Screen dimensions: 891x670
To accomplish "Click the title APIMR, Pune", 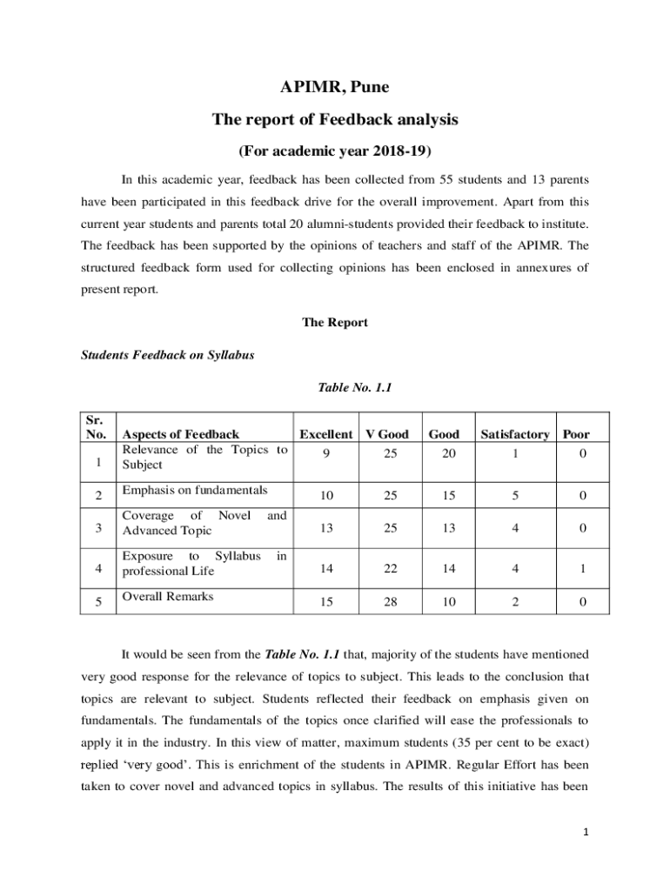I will point(335,87).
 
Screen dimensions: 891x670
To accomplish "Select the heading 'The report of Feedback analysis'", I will point(335,119).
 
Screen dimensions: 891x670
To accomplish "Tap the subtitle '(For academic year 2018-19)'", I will point(335,151).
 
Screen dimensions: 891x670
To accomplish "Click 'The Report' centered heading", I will point(335,323).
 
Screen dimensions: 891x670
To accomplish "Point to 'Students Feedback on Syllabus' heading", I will point(167,356).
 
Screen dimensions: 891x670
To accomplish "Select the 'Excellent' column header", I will point(325,434).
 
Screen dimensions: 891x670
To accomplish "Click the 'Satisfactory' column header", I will point(514,434).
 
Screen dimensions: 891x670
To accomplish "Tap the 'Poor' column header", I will point(576,434).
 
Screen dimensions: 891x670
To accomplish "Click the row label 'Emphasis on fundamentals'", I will point(195,490).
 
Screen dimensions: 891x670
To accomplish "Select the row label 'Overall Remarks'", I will point(168,596).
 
